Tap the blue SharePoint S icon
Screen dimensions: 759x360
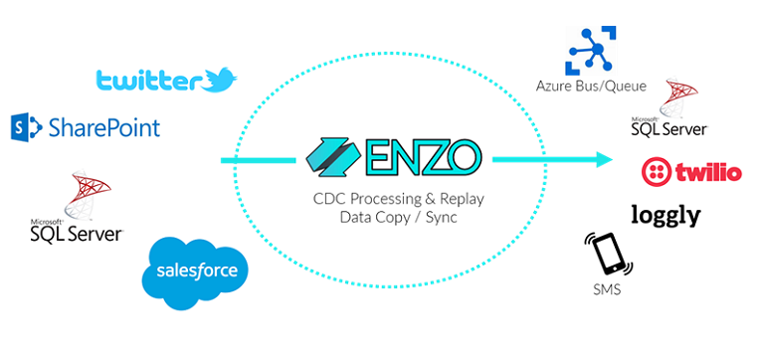(x=25, y=127)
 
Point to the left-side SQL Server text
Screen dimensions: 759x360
(x=76, y=233)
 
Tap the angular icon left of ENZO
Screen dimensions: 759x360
(x=336, y=156)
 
